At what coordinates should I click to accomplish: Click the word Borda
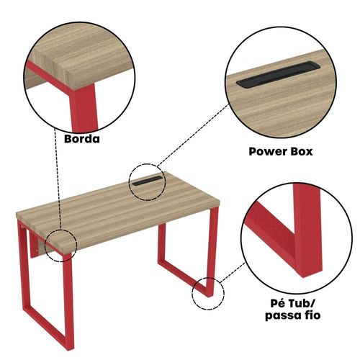82,139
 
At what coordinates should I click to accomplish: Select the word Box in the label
302,151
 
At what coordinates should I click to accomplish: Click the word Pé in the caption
278,303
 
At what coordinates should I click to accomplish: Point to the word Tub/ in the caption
301,303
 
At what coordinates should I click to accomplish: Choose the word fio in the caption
312,315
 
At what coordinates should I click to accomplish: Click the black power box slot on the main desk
147,181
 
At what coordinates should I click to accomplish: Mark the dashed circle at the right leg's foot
192,293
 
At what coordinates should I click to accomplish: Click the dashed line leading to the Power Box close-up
192,135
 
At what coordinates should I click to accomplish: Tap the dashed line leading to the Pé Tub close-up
233,272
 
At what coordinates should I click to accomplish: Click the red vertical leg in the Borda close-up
83,108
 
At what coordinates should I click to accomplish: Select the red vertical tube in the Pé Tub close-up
307,230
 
